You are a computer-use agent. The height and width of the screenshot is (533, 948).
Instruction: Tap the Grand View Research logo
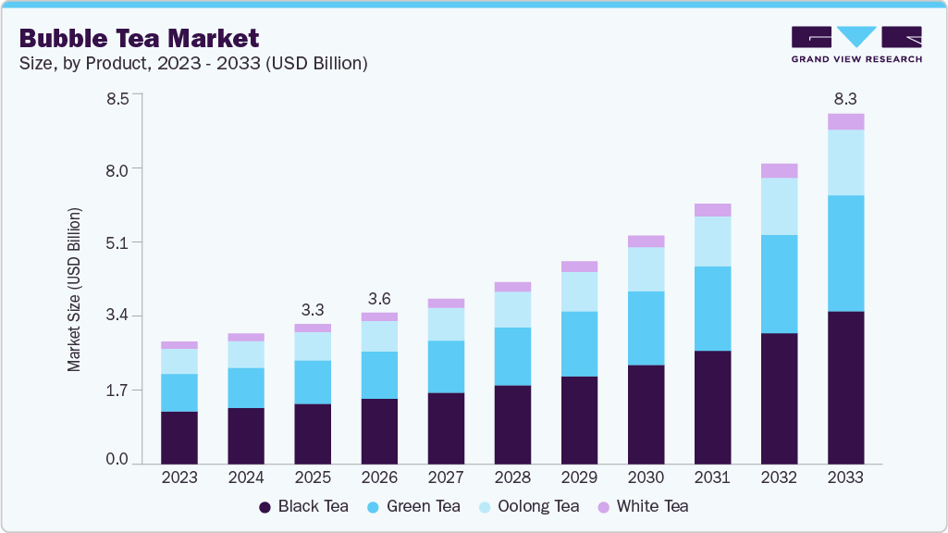pos(856,43)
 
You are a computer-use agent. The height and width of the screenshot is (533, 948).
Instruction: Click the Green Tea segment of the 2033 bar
pos(845,253)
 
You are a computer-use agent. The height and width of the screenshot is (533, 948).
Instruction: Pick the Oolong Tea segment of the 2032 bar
pos(779,205)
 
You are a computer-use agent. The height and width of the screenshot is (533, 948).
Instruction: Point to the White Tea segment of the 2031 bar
pos(712,209)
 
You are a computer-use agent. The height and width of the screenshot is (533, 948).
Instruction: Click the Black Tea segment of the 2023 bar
pos(179,437)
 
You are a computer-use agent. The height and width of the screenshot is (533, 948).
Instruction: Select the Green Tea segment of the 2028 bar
pos(512,355)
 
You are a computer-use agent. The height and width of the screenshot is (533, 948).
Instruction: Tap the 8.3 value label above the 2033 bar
pos(845,98)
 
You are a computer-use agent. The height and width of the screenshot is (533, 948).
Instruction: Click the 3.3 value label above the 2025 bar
pos(313,309)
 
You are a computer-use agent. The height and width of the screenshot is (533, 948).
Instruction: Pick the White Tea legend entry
pos(644,506)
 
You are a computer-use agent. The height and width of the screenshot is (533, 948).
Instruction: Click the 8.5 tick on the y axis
pos(117,95)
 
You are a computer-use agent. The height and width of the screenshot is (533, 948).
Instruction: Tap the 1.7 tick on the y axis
pos(117,390)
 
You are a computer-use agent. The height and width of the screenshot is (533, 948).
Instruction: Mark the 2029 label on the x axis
pos(579,477)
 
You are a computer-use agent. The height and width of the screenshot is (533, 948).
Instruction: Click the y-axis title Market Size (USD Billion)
pos(74,290)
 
